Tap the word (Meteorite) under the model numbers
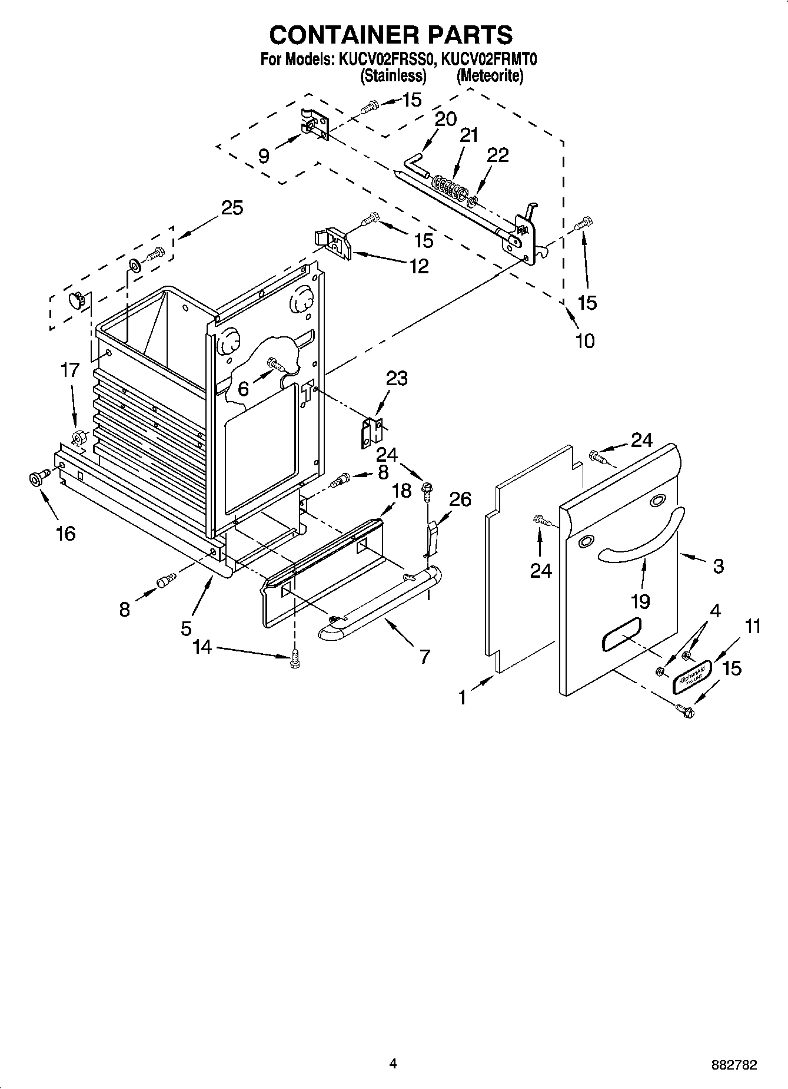[x=490, y=76]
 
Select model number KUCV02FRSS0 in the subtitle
[x=385, y=59]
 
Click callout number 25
[x=232, y=208]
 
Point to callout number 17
[x=69, y=370]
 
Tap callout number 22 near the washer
[x=497, y=155]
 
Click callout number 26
[x=460, y=499]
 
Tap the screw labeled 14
[x=295, y=661]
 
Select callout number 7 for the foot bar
[x=424, y=656]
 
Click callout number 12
[x=419, y=266]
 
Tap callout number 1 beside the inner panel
[x=463, y=697]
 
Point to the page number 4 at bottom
[x=393, y=1064]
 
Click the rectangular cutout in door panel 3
[x=621, y=634]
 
